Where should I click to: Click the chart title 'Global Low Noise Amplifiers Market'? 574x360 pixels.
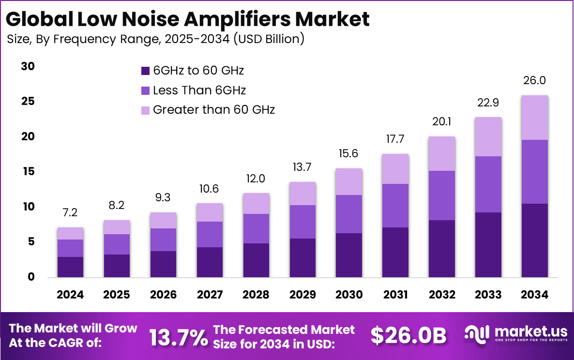(x=188, y=19)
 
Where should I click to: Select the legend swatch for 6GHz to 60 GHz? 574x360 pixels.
(x=145, y=71)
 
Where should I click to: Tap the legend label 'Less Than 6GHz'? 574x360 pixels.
(x=199, y=90)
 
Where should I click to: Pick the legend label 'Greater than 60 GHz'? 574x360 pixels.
(x=214, y=110)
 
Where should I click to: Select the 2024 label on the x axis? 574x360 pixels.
(x=70, y=295)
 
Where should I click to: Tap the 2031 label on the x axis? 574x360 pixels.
(x=395, y=295)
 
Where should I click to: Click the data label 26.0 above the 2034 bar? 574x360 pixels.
(x=535, y=80)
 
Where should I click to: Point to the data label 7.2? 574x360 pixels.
(x=70, y=212)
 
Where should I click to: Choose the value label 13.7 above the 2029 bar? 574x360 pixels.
(x=302, y=167)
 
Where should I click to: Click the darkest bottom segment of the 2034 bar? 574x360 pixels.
(x=534, y=240)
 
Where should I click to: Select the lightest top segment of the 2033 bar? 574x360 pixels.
(x=488, y=136)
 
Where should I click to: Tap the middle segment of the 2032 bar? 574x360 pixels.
(x=441, y=195)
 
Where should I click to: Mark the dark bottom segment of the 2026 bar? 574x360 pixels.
(x=163, y=264)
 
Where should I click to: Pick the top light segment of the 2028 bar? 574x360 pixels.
(x=256, y=204)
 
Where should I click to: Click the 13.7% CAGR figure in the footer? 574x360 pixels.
(x=178, y=337)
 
